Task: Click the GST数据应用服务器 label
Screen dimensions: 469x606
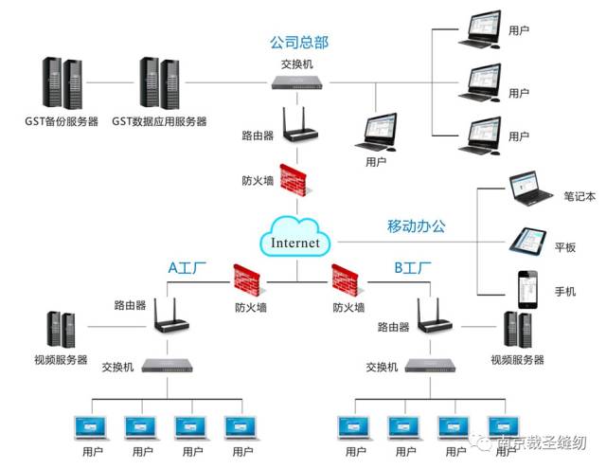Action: [159, 121]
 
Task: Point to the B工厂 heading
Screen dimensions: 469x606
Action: [413, 268]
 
